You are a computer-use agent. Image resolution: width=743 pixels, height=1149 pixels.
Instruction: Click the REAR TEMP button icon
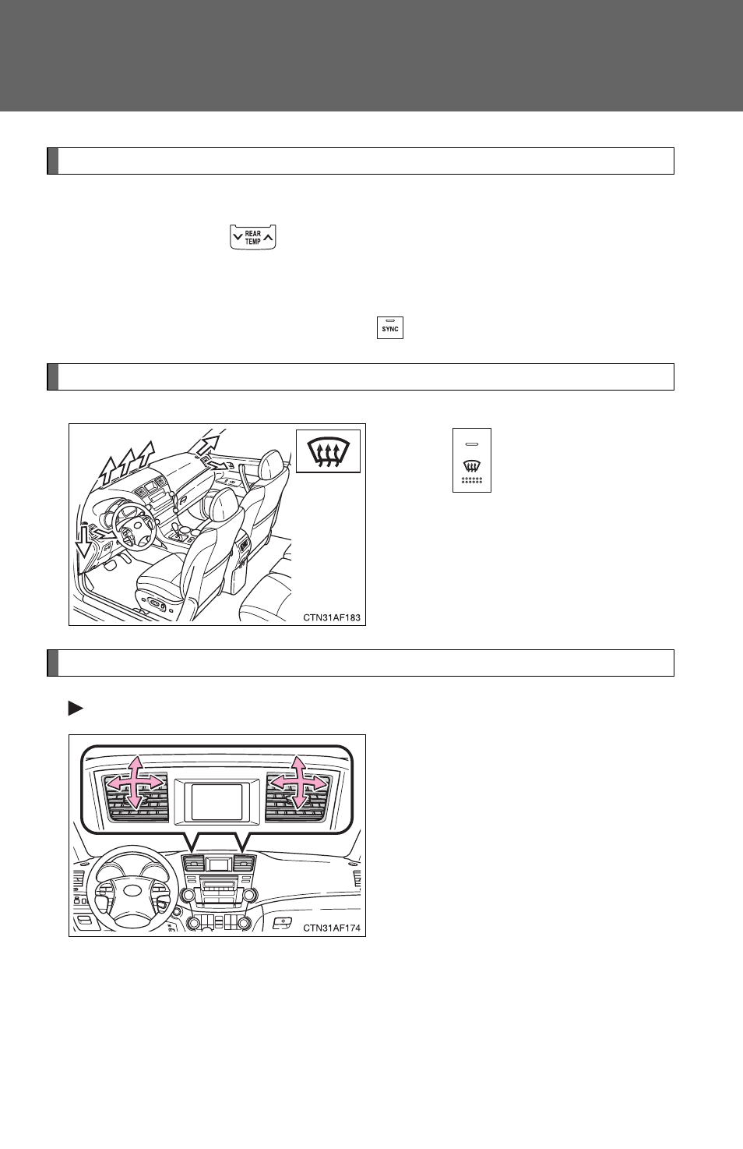coord(253,237)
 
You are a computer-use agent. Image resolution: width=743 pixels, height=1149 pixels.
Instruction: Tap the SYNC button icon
coord(390,327)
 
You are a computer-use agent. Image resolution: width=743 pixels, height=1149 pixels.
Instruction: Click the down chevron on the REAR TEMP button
coord(238,238)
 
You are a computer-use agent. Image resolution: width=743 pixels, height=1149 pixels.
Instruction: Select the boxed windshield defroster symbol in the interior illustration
coord(329,451)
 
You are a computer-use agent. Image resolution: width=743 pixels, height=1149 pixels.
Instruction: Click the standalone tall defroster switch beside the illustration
coord(472,461)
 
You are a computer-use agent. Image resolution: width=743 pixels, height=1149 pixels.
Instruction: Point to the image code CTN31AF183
coord(332,617)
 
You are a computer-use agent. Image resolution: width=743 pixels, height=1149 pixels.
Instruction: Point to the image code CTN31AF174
coord(332,928)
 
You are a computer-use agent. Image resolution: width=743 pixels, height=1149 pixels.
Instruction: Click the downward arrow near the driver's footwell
coord(84,540)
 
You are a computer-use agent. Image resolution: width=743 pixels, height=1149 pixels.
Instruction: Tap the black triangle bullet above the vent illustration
coord(76,709)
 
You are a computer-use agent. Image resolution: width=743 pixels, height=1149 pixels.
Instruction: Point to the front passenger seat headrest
coord(271,465)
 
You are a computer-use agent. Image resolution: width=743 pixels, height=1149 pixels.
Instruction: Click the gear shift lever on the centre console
coord(179,530)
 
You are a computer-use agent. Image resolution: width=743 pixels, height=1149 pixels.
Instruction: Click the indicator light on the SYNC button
coord(390,320)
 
